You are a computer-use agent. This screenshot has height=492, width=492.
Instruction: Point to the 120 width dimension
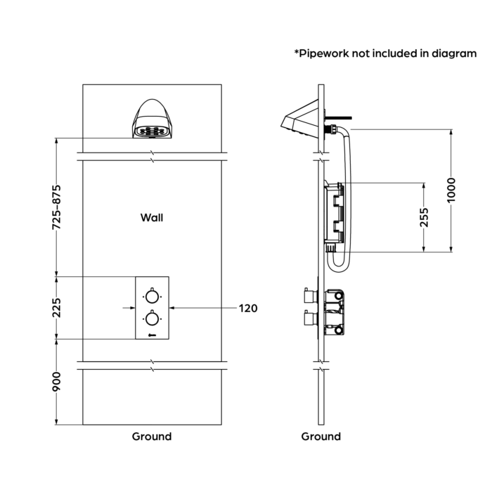pyautogui.click(x=248, y=308)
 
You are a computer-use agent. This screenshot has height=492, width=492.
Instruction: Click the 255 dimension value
pyautogui.click(x=424, y=217)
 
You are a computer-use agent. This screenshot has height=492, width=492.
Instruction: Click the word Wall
pyautogui.click(x=152, y=218)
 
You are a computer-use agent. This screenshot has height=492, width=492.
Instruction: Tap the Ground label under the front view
pyautogui.click(x=152, y=436)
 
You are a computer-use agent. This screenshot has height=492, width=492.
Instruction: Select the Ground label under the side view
pyautogui.click(x=321, y=436)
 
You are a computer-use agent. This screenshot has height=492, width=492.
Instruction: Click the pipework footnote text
pyautogui.click(x=385, y=53)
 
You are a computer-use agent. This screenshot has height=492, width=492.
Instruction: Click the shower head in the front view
pyautogui.click(x=151, y=120)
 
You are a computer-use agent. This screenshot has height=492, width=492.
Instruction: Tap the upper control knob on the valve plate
pyautogui.click(x=151, y=294)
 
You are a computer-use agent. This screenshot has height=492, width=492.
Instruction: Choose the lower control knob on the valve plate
pyautogui.click(x=151, y=318)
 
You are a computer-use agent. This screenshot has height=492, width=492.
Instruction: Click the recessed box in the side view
pyautogui.click(x=336, y=216)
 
